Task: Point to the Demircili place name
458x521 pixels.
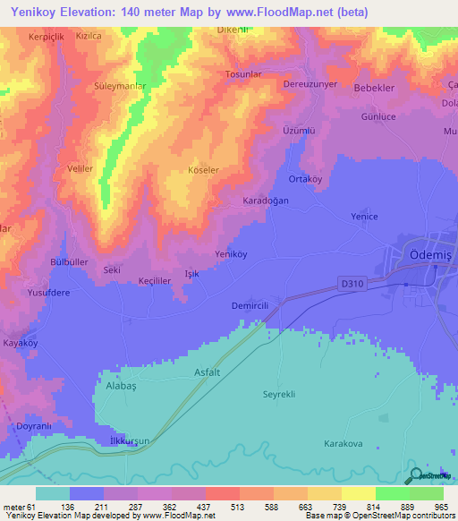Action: [250, 305]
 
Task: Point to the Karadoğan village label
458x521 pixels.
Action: [267, 201]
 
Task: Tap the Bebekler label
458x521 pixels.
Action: [376, 89]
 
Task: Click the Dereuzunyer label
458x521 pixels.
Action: [308, 84]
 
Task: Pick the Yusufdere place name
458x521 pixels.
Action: [48, 292]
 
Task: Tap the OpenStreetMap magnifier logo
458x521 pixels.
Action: [416, 475]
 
